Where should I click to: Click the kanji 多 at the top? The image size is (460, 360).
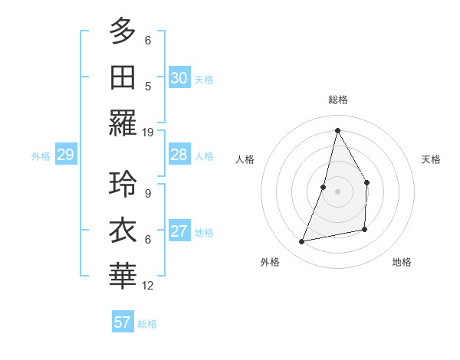pos(122,31)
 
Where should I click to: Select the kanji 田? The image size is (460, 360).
pos(122,77)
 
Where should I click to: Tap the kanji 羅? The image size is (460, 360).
pos(122,123)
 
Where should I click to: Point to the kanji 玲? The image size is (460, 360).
pos(122,184)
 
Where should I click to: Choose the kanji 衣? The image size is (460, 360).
pos(122,229)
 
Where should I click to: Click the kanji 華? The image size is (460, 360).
pos(122,275)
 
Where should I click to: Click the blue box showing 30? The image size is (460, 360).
pos(179,78)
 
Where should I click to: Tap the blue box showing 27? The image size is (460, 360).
pos(179,232)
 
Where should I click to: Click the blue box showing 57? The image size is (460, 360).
pos(122,322)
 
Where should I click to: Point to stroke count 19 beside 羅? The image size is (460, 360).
pos(148,132)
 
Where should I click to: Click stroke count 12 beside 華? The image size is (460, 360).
pos(148,285)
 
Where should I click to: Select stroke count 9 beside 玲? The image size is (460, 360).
pos(148,193)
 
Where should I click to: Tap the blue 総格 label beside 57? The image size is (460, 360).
pos(147,324)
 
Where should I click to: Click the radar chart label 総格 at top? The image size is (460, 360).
pos(337,100)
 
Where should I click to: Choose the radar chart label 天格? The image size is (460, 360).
pos(431,159)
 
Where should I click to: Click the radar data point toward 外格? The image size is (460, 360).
pos(302,242)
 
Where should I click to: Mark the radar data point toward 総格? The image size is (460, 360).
pos(337,130)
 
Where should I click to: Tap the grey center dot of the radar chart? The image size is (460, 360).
pos(337,191)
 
